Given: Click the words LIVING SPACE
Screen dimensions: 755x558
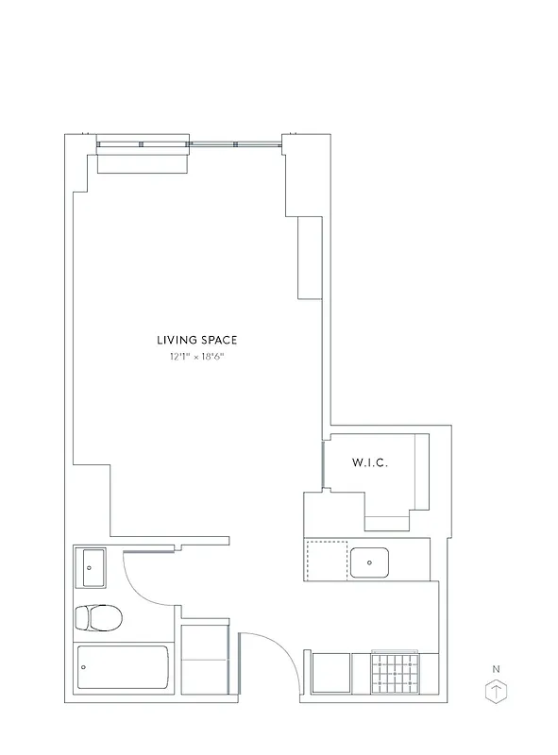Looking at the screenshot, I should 196,340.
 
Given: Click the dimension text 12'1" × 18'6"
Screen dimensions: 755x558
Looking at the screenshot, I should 196,358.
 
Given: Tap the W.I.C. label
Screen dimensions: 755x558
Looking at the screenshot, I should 370,462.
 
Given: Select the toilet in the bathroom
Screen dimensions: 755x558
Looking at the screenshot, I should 99,618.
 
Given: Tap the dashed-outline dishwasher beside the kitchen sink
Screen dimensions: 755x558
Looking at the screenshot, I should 327,561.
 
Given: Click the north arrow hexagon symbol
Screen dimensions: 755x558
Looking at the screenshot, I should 496,693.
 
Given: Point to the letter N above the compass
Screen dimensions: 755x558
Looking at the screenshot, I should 496,669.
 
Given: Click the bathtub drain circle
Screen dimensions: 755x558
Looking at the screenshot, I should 85,667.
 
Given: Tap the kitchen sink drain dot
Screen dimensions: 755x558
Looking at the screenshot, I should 370,562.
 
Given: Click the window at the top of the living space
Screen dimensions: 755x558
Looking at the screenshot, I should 189,144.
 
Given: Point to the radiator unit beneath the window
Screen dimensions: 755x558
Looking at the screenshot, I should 144,160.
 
